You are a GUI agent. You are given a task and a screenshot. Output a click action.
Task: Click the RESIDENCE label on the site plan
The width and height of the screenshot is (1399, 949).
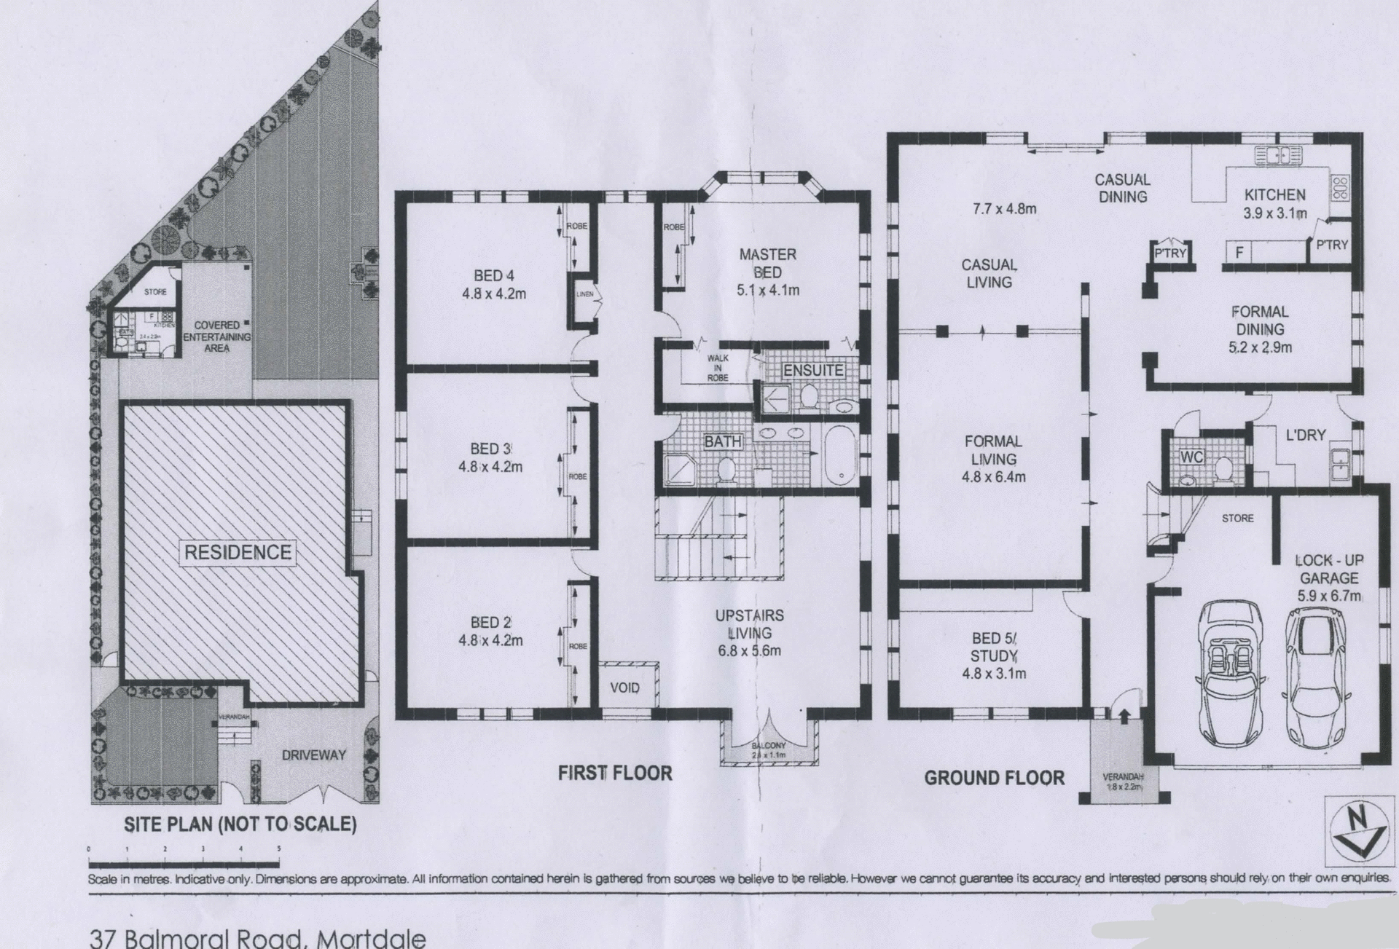[x=238, y=552]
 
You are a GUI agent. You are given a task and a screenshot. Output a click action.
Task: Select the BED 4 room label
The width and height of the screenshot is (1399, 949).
[x=493, y=275]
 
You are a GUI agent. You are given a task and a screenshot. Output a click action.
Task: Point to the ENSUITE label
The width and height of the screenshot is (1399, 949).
[x=812, y=370]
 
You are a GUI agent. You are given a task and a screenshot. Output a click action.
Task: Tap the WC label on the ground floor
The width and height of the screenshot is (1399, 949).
[x=1191, y=457]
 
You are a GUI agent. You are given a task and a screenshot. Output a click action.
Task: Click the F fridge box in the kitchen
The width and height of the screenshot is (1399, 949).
[x=1239, y=252]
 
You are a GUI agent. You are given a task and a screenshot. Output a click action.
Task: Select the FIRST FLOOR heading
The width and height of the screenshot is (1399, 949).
[x=614, y=773]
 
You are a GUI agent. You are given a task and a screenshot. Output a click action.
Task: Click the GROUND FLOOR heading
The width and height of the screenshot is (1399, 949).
[x=994, y=778]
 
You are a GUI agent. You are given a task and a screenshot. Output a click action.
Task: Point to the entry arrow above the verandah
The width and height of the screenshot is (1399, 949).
[x=1124, y=716]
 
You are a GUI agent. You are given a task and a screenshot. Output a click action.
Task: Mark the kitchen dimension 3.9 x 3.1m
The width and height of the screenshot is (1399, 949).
[x=1274, y=213]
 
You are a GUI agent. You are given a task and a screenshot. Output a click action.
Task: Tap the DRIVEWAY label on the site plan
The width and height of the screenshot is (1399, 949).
[x=313, y=755]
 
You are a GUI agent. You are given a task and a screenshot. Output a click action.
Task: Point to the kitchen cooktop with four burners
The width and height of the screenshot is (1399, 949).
[x=1340, y=188]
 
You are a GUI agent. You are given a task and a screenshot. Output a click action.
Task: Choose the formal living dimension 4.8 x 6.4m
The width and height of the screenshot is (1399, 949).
[x=993, y=477]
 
